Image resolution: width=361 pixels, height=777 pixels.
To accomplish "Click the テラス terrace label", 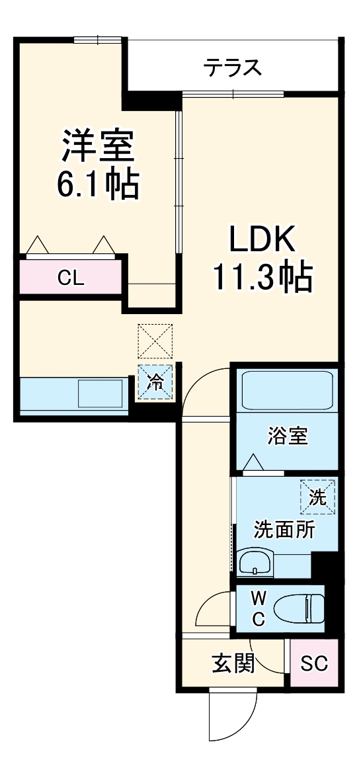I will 233,67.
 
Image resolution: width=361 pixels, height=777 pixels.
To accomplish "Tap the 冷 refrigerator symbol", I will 155,383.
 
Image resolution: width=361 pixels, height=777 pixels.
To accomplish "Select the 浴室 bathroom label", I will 288,436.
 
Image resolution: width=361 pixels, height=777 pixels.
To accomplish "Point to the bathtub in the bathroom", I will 287,392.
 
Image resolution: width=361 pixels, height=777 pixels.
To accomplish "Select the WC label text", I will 259,609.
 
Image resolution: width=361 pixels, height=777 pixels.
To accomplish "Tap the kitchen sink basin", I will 100,394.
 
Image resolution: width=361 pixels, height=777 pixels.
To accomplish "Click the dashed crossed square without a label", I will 155,341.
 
